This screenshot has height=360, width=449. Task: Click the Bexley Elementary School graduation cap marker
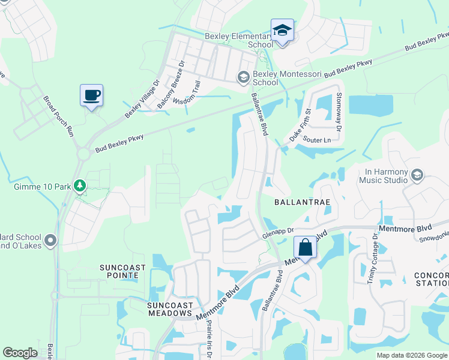coord(282,31)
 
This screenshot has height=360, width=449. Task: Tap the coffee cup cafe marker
coord(91,96)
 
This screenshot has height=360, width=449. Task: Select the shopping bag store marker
coord(305,248)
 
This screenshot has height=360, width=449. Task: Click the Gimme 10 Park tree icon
coord(79,186)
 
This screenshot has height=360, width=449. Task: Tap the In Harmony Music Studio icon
coord(418,175)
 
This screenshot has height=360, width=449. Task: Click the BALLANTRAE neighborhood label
coord(302,203)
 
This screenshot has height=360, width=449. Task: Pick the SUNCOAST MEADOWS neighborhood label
coord(170,309)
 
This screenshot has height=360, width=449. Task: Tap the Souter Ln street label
coord(317,140)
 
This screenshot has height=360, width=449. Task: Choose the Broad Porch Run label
coord(58,116)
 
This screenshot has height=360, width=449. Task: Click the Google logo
coord(20,353)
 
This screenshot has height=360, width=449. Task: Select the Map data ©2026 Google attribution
coord(411,355)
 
